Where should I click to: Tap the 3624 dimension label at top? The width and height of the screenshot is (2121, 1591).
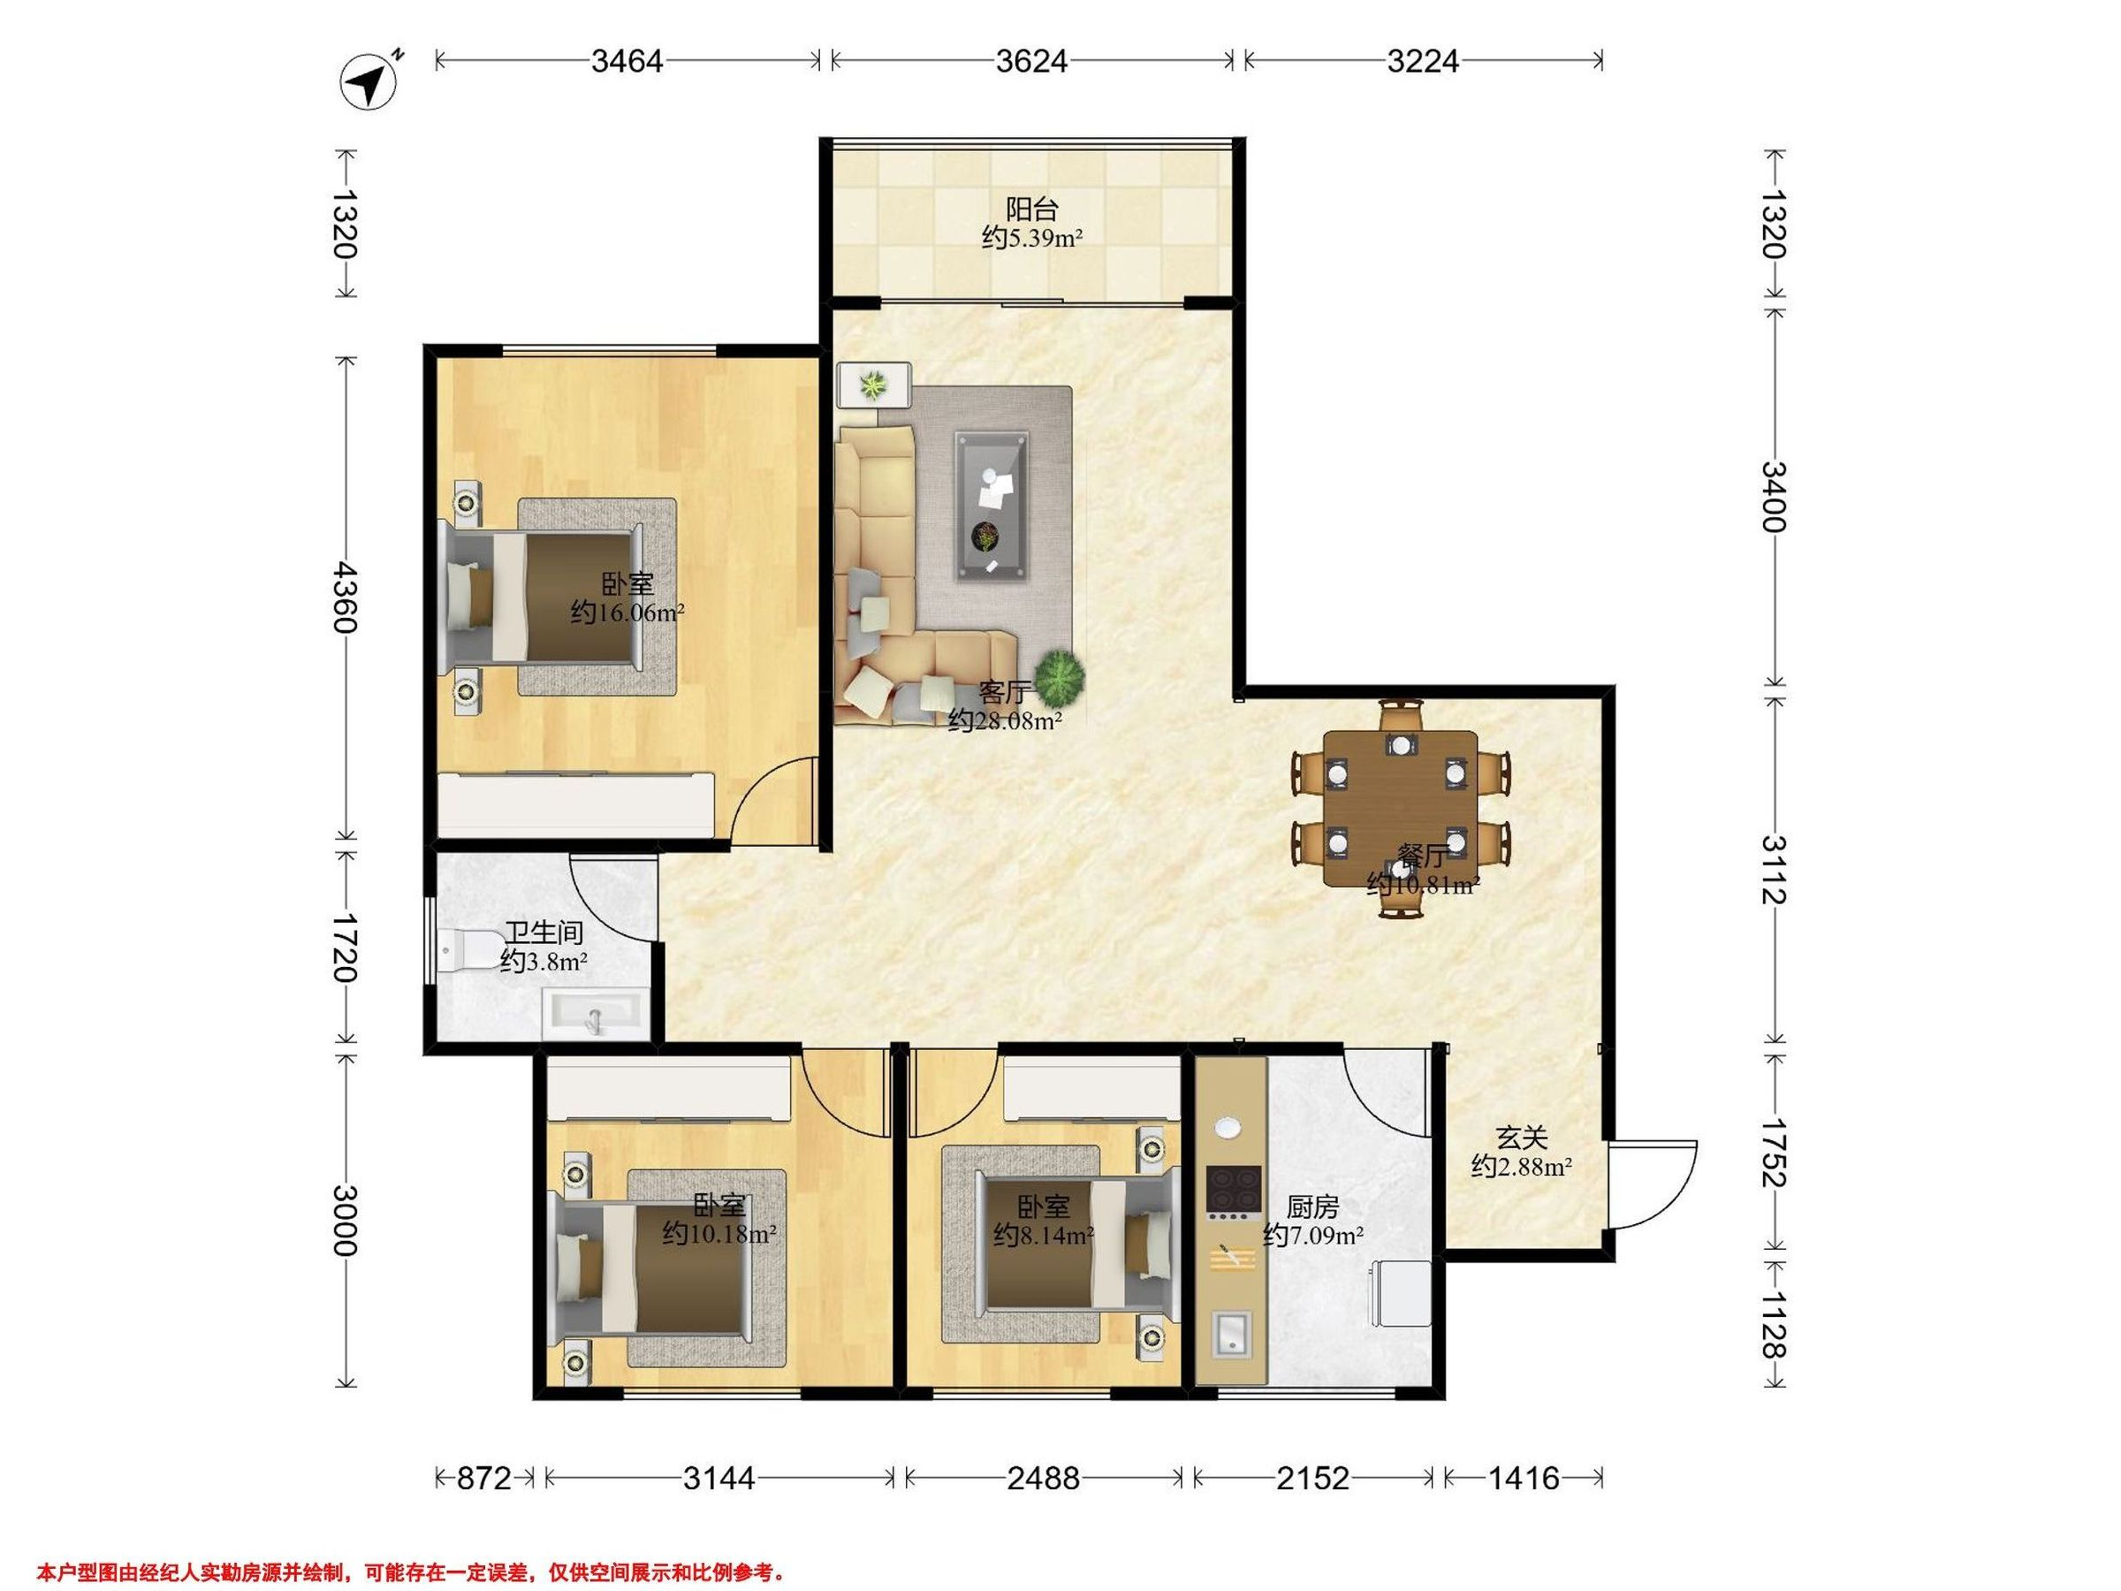(x=1031, y=61)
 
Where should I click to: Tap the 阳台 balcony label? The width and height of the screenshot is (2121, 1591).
(x=1031, y=208)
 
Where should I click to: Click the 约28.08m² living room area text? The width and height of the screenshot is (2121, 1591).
(x=1005, y=720)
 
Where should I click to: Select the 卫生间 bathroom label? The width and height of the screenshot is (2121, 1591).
(x=544, y=933)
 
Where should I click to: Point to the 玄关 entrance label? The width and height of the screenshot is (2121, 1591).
(x=1523, y=1138)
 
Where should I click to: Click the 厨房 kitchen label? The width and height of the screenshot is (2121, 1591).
(x=1312, y=1207)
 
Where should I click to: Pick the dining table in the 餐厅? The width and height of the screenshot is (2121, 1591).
(x=1401, y=809)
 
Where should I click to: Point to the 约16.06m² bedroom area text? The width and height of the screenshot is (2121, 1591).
(x=627, y=612)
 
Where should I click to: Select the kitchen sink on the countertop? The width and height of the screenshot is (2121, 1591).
(x=1231, y=1335)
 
